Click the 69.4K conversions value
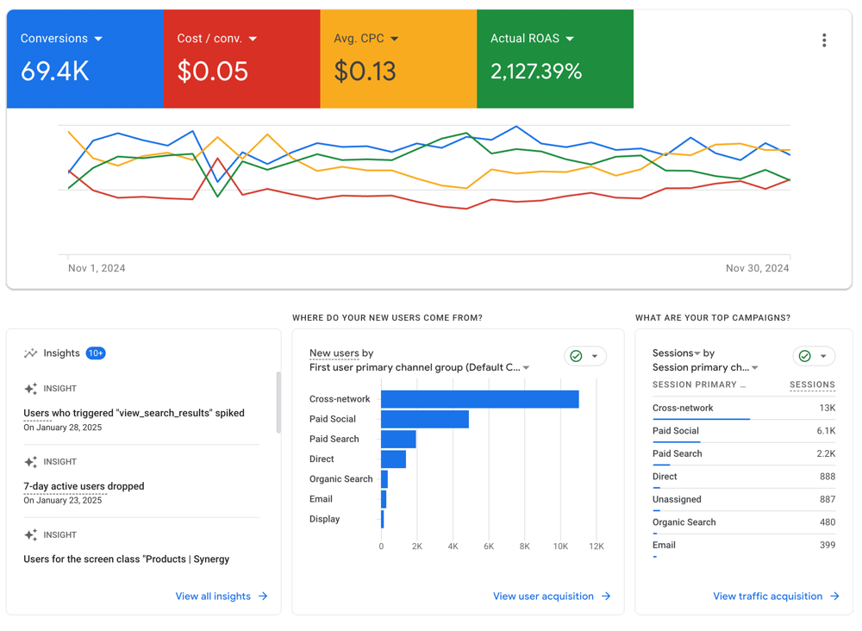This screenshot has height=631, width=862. click(55, 72)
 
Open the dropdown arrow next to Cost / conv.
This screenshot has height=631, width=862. click(253, 39)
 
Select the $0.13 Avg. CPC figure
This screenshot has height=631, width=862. click(365, 72)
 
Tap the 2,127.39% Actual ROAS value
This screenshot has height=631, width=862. click(536, 72)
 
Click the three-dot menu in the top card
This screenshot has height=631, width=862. click(824, 41)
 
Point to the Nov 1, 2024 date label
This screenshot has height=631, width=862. click(97, 268)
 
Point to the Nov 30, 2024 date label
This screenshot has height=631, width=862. click(757, 268)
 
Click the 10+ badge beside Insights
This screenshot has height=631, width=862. click(96, 353)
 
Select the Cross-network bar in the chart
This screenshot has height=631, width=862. click(480, 399)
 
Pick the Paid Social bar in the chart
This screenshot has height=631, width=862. click(425, 420)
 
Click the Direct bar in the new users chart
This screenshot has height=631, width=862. click(394, 459)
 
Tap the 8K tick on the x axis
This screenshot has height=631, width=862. click(524, 547)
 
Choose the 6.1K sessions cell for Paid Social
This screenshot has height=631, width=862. click(826, 431)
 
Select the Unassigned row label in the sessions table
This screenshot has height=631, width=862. click(677, 500)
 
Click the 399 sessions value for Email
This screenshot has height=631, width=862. click(828, 546)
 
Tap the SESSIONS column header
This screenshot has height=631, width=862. click(813, 384)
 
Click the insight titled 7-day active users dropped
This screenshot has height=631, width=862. click(84, 486)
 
